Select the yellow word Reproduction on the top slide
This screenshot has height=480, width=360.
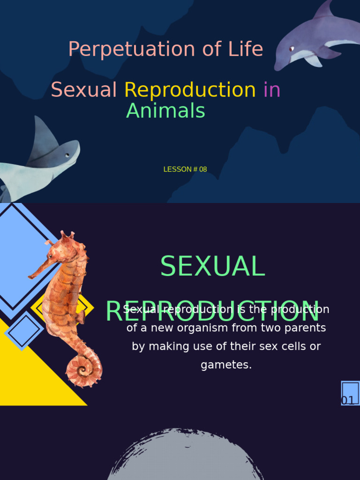190,90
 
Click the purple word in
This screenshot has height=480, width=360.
272,90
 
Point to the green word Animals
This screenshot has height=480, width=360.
165,111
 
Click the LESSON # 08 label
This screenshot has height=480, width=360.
185,169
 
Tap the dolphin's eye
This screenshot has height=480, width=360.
292,48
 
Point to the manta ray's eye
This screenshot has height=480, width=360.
67,155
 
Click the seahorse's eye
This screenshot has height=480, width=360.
51,255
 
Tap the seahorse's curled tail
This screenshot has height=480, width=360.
84,370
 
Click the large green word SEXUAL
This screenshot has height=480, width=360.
212,266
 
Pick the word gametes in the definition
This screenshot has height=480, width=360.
226,365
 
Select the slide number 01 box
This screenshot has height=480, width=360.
350,393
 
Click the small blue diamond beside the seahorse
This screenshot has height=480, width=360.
24,331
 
